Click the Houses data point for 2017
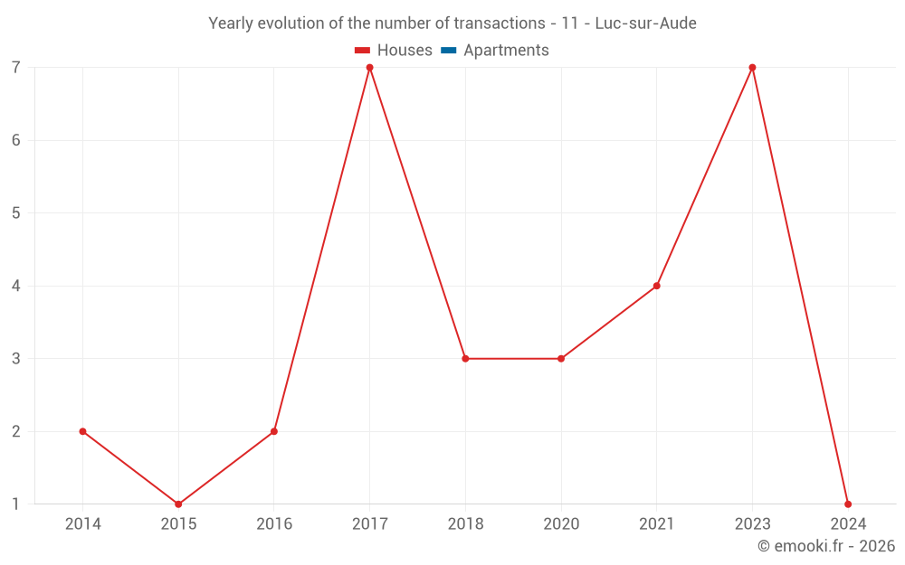tap(369, 68)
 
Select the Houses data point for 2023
tap(752, 68)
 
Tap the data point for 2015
tap(178, 504)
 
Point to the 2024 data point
tap(848, 504)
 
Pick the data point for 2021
tap(656, 286)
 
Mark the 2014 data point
tap(82, 431)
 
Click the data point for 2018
tap(465, 359)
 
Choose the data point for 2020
tap(561, 359)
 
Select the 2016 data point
tap(273, 431)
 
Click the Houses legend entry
tap(394, 51)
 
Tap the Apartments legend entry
tap(495, 51)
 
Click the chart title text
tap(452, 24)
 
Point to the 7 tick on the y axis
tap(16, 68)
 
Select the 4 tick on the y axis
tap(16, 286)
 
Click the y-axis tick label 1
tap(16, 504)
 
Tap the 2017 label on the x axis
tap(369, 524)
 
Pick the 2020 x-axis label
tap(561, 524)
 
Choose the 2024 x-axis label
tap(848, 524)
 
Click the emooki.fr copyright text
tap(826, 546)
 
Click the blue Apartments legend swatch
tap(449, 51)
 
